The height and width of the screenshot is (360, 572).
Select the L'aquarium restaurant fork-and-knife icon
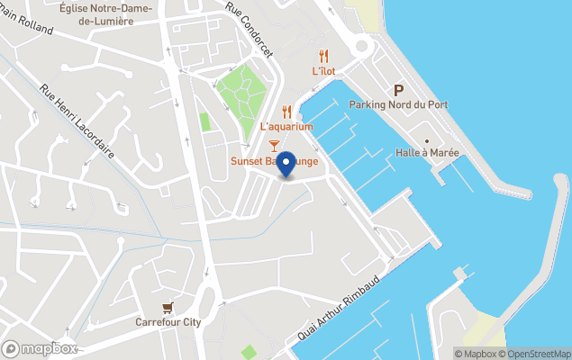point(287,112)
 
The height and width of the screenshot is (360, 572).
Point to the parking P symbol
point(398,90)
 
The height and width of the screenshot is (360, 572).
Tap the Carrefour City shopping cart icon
point(168,307)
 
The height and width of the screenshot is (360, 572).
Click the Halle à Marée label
point(427,153)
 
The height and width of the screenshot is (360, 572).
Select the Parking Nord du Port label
point(398,105)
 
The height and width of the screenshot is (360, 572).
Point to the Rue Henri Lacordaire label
point(77,121)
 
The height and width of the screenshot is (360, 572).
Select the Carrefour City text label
point(168,321)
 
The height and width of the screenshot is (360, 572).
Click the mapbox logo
point(40,348)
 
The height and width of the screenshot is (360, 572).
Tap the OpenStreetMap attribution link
point(538,354)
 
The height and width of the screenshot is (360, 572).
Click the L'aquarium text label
point(286,127)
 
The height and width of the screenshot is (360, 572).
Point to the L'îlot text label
point(324,71)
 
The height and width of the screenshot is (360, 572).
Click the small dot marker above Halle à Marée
point(427,140)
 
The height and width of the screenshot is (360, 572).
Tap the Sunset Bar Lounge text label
point(274,162)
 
